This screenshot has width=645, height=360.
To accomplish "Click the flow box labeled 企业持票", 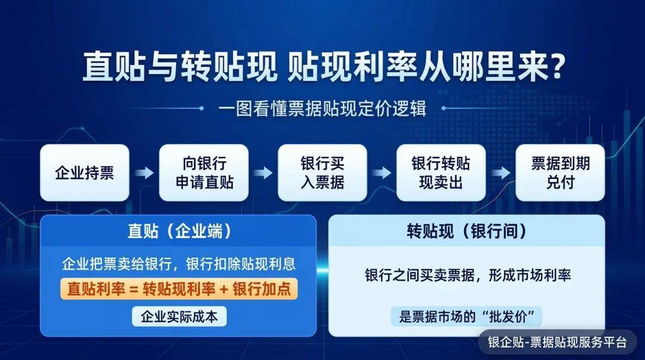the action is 85,173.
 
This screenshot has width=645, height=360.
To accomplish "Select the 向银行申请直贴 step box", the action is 204,173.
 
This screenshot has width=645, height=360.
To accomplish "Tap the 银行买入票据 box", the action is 322,173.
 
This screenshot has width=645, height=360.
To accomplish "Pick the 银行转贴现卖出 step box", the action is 441,173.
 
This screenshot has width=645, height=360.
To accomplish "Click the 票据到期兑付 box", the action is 560,173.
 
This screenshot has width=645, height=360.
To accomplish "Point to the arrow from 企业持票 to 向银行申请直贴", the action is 145,173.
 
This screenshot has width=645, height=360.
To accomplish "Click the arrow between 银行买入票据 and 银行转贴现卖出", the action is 382,173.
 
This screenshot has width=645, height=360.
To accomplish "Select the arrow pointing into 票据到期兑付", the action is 500,173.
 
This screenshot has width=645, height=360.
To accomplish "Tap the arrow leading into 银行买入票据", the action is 263,173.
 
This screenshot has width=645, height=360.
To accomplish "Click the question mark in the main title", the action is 558,66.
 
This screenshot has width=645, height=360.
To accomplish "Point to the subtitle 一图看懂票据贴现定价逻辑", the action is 322,109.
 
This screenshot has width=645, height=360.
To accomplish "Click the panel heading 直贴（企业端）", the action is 179,231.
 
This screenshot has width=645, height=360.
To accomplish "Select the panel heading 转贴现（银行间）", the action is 467,231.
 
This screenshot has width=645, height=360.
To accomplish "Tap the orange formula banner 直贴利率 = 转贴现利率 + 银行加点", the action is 179,289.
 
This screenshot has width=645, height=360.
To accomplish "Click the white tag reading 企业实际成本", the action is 179,316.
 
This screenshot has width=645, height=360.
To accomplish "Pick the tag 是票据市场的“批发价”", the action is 466,316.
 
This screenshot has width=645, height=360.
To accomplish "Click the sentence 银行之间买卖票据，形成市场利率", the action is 468,275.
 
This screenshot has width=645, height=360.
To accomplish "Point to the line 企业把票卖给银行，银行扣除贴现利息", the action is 179,264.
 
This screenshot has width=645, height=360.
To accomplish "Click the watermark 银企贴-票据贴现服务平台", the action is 557,342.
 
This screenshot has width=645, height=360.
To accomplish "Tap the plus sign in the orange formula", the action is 224,289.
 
